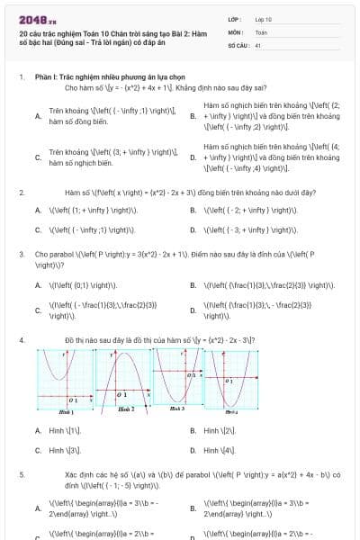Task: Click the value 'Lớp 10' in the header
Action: click(x=264, y=19)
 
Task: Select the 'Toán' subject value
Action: click(x=262, y=31)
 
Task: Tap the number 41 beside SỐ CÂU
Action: click(x=257, y=44)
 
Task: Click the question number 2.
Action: click(x=21, y=193)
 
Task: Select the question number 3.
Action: click(x=21, y=254)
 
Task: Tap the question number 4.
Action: click(x=21, y=340)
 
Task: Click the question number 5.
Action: click(x=21, y=472)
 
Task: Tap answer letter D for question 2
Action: click(x=193, y=229)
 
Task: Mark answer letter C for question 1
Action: click(x=38, y=157)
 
